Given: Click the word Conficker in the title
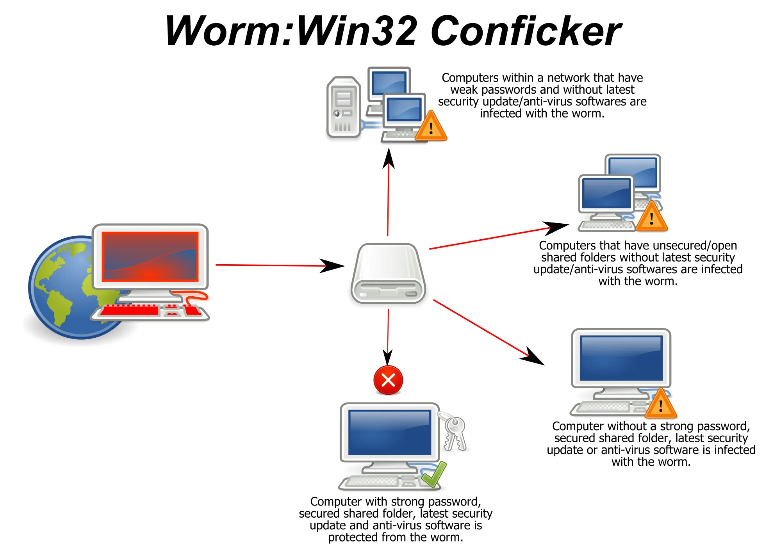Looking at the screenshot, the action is (526, 31).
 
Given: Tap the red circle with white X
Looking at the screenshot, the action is (388, 380).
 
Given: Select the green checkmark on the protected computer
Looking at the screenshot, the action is (434, 474).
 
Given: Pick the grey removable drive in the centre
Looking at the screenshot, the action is (388, 274).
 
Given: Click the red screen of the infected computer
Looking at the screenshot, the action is (150, 256).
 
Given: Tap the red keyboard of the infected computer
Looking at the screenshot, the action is (150, 311).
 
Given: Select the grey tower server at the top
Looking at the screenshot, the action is (344, 107).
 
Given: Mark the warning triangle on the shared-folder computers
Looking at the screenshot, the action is (652, 217).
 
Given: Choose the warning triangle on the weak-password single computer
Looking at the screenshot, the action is (661, 404).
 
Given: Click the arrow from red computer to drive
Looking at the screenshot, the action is (280, 265).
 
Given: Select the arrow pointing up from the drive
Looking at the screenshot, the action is (388, 192).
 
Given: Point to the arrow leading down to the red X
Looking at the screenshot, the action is (388, 337).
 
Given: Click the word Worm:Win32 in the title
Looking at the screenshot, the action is (291, 31).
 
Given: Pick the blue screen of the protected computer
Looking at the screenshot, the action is (390, 433).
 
